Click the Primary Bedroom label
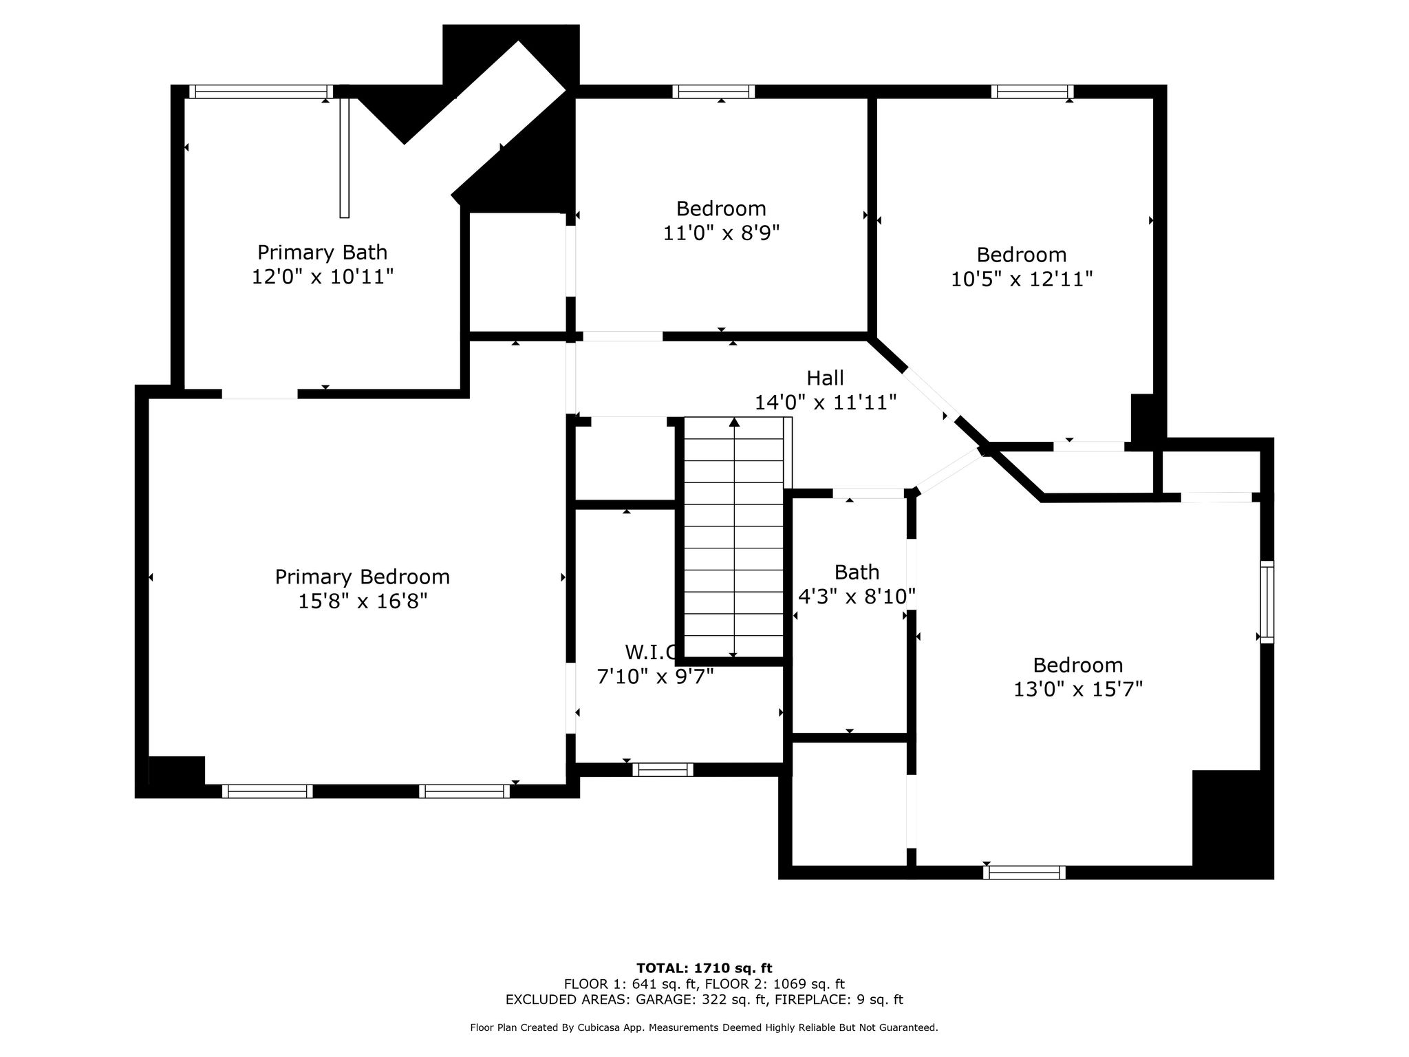[363, 577]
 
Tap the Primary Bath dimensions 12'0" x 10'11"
[323, 277]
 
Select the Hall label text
[826, 378]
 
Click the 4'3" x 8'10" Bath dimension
[857, 596]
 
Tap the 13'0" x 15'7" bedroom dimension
[1078, 689]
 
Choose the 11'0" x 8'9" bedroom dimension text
[721, 233]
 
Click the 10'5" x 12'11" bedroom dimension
[1022, 279]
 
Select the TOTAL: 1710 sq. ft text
[704, 968]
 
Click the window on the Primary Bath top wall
[261, 92]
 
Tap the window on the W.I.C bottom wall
[663, 769]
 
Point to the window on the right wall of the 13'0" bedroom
[1267, 602]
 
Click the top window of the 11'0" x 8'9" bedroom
[713, 92]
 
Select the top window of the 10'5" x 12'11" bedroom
[1032, 92]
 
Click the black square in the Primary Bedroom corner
[177, 771]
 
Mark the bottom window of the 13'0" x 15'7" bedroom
[1024, 873]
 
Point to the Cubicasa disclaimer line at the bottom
[704, 1028]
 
